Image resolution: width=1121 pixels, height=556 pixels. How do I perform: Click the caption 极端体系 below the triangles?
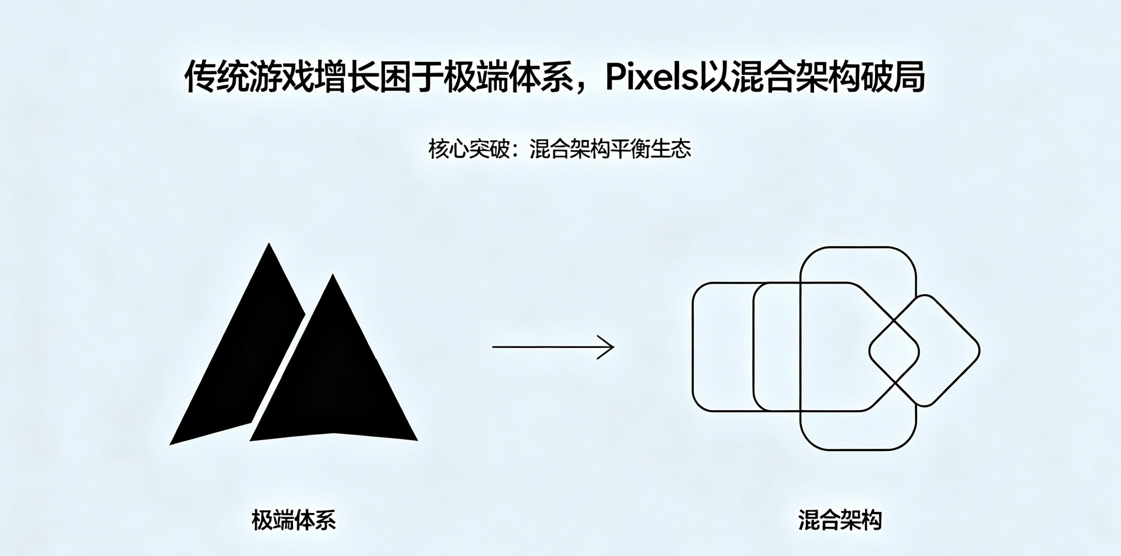(x=294, y=520)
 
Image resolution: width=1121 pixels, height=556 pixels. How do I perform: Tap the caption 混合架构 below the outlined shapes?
(x=840, y=520)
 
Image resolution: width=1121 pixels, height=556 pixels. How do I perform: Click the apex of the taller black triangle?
(x=269, y=243)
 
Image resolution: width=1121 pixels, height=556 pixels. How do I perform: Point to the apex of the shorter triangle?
(x=333, y=274)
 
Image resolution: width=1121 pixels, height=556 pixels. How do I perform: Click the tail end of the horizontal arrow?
(x=493, y=347)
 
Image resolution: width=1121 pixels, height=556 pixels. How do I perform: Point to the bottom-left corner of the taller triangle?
(x=170, y=444)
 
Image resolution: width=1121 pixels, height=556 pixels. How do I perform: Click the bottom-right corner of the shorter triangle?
(x=417, y=440)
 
